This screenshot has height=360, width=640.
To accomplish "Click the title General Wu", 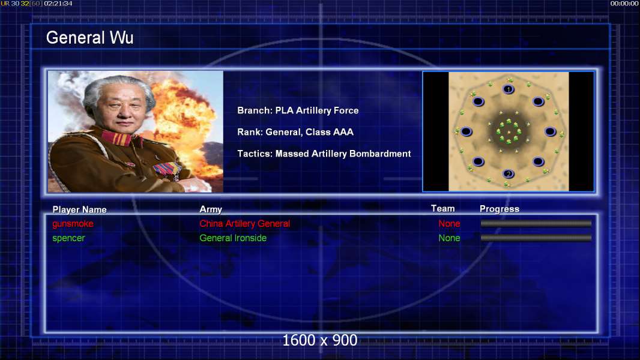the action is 90,38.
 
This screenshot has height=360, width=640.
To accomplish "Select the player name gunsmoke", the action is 73,224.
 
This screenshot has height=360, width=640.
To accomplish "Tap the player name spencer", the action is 68,238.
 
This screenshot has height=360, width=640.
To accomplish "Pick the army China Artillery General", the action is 244,223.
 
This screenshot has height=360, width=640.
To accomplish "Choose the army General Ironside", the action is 233,238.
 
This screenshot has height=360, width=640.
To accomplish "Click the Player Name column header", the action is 80,209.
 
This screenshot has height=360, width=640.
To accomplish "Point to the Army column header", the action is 211,209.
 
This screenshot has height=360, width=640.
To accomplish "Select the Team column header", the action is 443,208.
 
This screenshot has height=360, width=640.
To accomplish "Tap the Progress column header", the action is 500,209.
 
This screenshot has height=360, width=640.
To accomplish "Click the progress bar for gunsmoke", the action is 536,223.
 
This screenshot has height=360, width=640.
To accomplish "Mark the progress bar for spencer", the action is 536,238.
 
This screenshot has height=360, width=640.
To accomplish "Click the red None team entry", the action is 449,223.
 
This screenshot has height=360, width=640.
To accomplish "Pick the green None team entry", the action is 449,238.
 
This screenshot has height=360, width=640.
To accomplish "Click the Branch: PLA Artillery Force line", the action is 298,110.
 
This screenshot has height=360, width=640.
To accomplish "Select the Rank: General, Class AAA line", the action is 295,132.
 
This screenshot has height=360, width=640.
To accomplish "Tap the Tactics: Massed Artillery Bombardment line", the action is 324,154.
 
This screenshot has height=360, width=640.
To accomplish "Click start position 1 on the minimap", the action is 508,89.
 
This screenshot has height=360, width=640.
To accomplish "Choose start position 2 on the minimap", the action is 508,173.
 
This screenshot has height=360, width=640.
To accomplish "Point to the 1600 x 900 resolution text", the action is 319,340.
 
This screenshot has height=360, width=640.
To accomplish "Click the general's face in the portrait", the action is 121,108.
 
